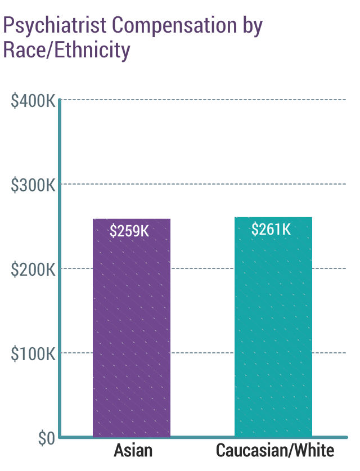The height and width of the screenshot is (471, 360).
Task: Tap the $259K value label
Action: coord(130,231)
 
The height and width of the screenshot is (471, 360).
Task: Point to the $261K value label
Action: coord(271,230)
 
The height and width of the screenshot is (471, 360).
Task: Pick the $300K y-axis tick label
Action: coord(33,185)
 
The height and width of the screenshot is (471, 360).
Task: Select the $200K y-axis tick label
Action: coord(33,270)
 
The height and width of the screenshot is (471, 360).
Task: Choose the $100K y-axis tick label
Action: coord(33,354)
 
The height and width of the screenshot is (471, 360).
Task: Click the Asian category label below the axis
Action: coord(133,451)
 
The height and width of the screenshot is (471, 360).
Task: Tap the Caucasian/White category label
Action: coord(275,451)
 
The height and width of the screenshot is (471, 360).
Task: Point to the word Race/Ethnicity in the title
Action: coord(66,50)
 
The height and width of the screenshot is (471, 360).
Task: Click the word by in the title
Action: coord(251,26)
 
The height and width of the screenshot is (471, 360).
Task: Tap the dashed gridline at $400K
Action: coord(202,100)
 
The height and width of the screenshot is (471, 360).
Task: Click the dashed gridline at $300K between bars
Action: coord(202,184)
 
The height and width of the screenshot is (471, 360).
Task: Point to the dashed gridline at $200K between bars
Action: coord(202,268)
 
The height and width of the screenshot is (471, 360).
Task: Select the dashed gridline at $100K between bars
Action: coord(202,353)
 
